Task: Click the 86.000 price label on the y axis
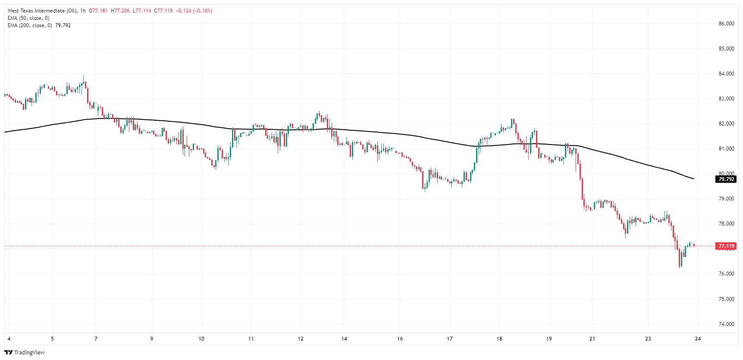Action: [726, 24]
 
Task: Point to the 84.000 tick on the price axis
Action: [726, 74]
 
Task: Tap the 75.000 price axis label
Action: [726, 299]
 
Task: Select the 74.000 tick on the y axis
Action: [726, 324]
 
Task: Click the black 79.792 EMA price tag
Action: [726, 179]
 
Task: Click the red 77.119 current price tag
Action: [726, 246]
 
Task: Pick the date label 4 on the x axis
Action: [9, 339]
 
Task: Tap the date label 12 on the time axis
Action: [301, 339]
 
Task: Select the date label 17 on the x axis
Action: [449, 339]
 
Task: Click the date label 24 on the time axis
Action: [698, 339]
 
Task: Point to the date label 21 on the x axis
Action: [592, 339]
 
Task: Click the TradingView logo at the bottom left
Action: [25, 352]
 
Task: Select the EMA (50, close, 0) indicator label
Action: [28, 18]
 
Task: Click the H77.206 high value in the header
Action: [120, 11]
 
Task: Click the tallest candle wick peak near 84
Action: [84, 76]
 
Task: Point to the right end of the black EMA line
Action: [693, 178]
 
